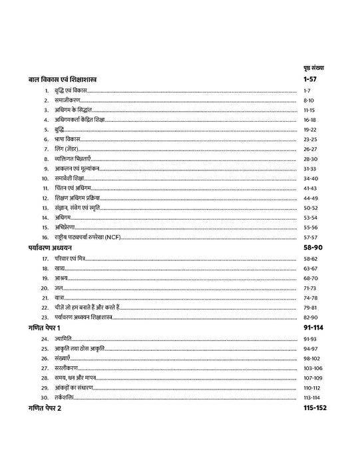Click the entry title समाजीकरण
tap(69, 99)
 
